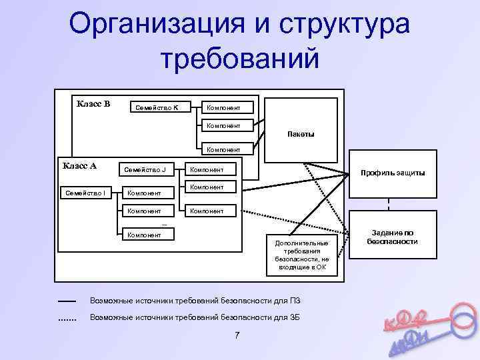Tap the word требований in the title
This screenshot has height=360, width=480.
[x=240, y=58]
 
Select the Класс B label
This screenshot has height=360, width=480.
[x=93, y=103]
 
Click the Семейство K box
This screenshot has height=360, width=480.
[x=158, y=107]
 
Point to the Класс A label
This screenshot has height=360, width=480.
[x=79, y=165]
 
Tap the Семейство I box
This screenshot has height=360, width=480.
[x=81, y=193]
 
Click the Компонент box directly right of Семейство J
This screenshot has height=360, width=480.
[x=209, y=170]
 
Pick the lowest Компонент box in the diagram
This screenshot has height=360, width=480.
[x=146, y=235]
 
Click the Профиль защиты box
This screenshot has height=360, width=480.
[x=392, y=173]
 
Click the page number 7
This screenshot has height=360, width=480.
[x=237, y=335]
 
